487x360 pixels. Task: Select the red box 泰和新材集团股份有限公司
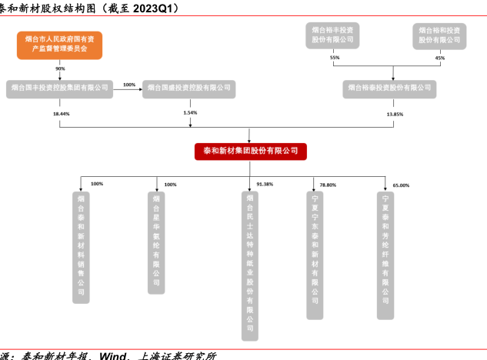pyautogui.click(x=251, y=151)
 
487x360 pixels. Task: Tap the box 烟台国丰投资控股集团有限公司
pyautogui.click(x=59, y=88)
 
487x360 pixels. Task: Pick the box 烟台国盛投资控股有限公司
pyautogui.click(x=187, y=88)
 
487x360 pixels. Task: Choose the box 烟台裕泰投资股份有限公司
pyautogui.click(x=389, y=89)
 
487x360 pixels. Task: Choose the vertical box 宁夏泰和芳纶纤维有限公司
pyautogui.click(x=385, y=255)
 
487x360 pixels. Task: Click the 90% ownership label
pyautogui.click(x=60, y=69)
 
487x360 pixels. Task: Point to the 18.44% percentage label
pyautogui.click(x=61, y=114)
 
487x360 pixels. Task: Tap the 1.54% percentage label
pyautogui.click(x=189, y=113)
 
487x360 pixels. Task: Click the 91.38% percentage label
pyautogui.click(x=265, y=185)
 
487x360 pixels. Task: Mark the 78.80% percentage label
pyautogui.click(x=329, y=185)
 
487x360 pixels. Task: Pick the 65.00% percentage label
pyautogui.click(x=401, y=185)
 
